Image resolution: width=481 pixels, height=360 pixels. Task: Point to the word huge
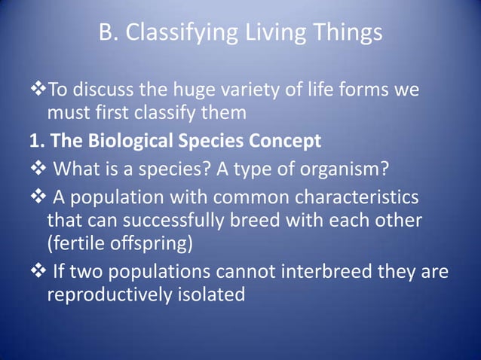click(204, 91)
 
